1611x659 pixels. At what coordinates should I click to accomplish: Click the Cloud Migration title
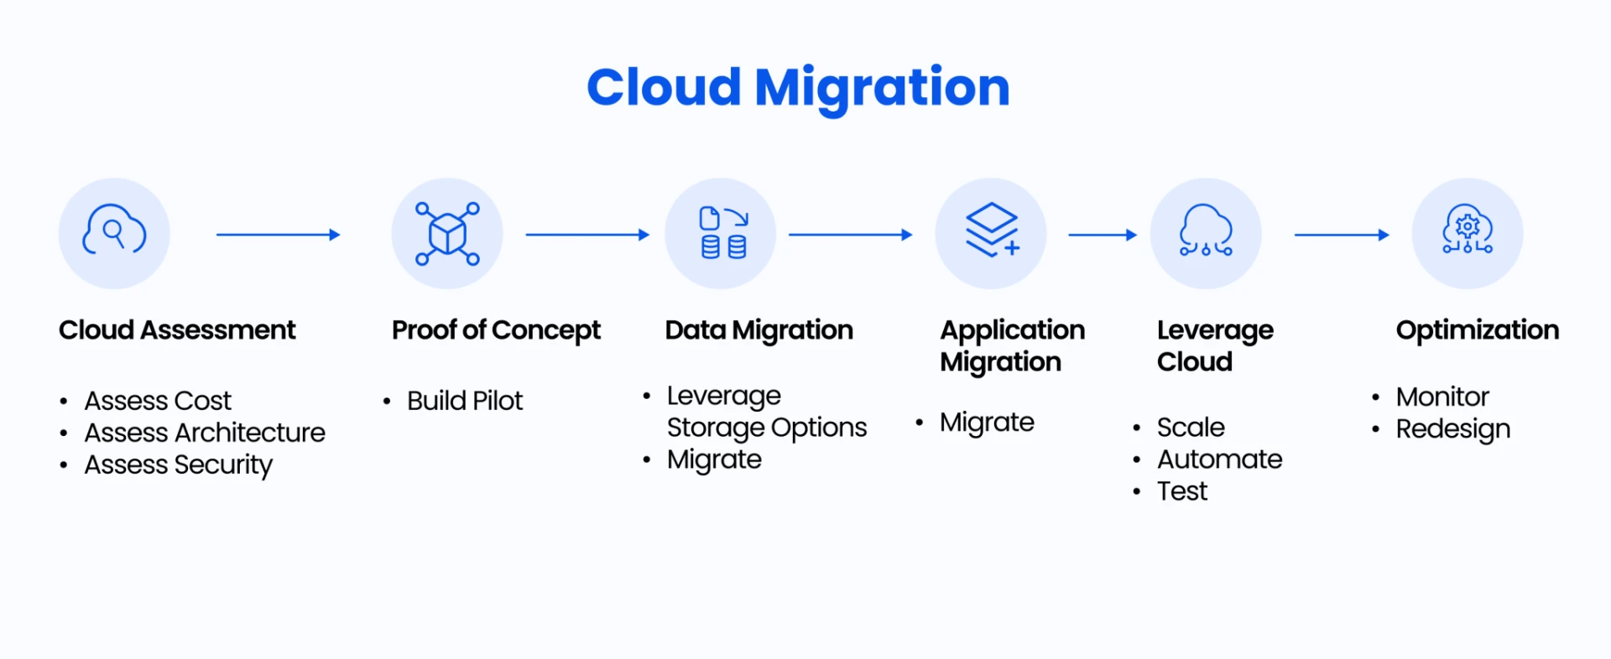[798, 88]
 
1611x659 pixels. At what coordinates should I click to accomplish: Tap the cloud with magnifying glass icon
[114, 230]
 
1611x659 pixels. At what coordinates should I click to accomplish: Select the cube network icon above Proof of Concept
[447, 234]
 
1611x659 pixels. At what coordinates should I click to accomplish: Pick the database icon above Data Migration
[723, 233]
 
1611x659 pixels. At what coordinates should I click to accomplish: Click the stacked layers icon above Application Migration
[992, 229]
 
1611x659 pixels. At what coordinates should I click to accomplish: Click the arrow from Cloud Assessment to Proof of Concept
[279, 235]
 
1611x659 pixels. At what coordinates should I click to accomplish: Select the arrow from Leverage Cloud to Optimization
[1342, 235]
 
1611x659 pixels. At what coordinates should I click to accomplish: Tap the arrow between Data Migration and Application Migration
[850, 235]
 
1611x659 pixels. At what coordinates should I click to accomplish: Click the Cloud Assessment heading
[177, 330]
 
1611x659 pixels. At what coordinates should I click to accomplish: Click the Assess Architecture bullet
[205, 433]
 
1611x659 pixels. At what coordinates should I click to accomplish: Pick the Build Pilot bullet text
[465, 401]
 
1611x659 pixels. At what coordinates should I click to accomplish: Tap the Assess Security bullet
[179, 465]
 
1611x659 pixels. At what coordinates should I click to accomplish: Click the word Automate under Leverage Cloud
[1220, 459]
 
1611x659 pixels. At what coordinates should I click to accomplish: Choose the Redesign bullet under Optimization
[1453, 429]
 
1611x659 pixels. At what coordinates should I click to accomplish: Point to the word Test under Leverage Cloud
[1182, 491]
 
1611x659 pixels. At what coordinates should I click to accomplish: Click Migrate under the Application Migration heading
[987, 423]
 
